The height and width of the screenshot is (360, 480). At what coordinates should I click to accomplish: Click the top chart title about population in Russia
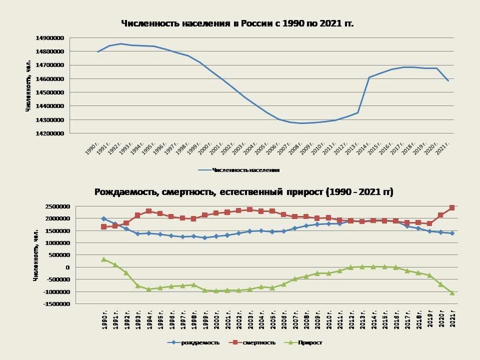pos(237,23)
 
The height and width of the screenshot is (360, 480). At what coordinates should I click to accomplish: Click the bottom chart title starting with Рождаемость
pos(244,192)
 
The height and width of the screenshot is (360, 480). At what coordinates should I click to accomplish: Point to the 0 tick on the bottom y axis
pos(66,268)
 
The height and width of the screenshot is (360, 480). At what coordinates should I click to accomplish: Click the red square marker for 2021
pos(451,208)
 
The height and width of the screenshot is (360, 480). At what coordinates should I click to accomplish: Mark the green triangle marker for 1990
pos(104,259)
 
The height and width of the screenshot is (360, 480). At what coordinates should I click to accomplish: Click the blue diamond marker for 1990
pos(104,219)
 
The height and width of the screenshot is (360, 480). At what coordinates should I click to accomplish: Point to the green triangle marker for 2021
pos(451,292)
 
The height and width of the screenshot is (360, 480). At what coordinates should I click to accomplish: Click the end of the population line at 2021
pos(448,81)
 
